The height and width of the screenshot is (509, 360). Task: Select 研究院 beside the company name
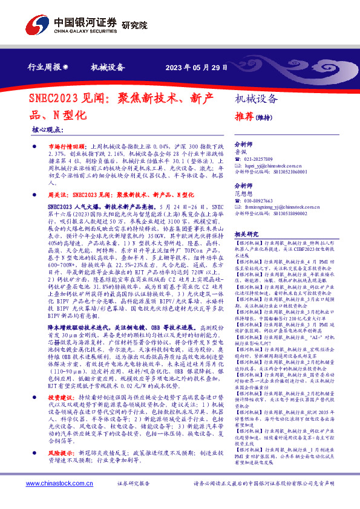pyautogui.click(x=134, y=25)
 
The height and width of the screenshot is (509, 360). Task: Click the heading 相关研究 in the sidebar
pyautogui.click(x=246, y=234)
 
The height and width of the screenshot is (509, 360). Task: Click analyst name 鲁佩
pyautogui.click(x=240, y=151)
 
